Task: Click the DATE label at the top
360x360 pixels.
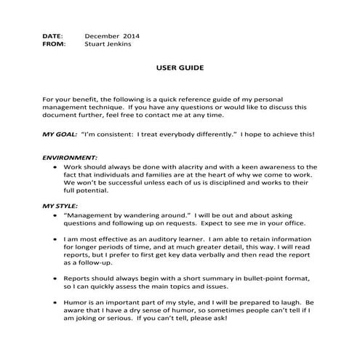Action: click(52, 35)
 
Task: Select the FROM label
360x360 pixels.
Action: click(53, 44)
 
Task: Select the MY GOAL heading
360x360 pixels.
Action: click(60, 134)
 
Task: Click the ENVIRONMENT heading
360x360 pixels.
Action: click(70, 157)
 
